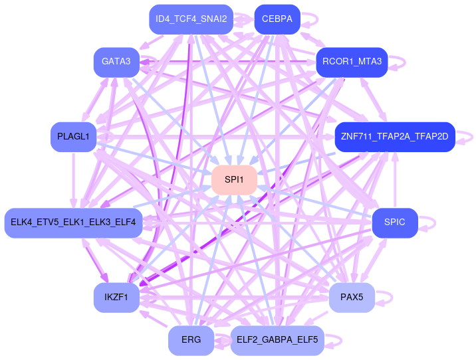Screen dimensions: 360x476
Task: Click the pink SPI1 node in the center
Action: click(234, 180)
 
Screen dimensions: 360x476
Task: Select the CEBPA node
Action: click(277, 19)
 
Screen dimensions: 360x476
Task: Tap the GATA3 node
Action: click(116, 62)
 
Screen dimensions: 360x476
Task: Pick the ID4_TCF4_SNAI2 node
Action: click(191, 19)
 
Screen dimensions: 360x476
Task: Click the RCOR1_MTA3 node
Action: click(352, 62)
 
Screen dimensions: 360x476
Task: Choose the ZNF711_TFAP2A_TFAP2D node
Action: click(394, 137)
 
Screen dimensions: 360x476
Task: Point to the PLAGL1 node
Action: click(73, 137)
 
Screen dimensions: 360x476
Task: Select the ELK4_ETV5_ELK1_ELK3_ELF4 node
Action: click(73, 222)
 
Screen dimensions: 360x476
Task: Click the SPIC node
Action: click(394, 222)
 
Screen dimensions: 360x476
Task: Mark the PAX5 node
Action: click(352, 297)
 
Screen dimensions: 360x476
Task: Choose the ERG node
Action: click(191, 340)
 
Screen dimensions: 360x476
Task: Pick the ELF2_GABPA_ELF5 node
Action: click(277, 340)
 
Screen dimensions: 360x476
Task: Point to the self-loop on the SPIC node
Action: click(428, 222)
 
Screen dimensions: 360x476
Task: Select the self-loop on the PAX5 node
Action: click(386, 297)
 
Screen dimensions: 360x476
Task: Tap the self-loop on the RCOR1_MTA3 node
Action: click(399, 62)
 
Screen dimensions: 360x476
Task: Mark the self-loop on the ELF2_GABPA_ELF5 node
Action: click(335, 340)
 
